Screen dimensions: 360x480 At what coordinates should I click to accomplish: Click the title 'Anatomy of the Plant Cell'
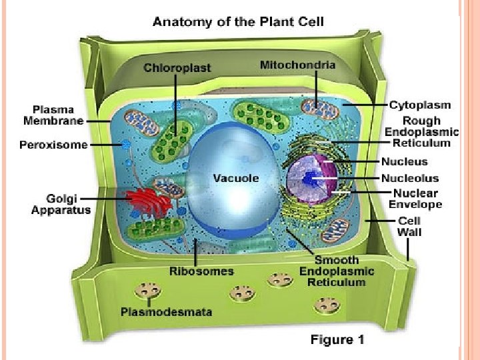(239, 21)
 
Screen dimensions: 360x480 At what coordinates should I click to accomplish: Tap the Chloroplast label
(177, 67)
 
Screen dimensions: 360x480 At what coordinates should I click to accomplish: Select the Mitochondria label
(297, 65)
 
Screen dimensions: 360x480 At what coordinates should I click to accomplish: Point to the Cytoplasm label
(420, 105)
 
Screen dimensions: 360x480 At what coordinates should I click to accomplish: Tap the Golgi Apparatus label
(60, 204)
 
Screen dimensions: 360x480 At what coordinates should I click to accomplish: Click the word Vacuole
(235, 178)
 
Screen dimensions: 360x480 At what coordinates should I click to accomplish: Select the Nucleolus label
(410, 178)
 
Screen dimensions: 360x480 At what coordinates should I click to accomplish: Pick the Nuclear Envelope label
(415, 198)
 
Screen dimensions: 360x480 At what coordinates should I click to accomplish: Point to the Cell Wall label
(409, 226)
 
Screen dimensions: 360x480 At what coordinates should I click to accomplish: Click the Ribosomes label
(201, 271)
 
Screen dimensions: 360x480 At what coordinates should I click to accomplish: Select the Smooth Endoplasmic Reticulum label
(337, 271)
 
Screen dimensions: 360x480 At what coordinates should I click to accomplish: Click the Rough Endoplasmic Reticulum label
(417, 131)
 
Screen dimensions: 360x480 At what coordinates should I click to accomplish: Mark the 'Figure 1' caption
(337, 340)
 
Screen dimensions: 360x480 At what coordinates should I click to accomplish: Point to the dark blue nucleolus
(311, 179)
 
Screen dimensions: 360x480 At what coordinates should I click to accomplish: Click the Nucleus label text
(404, 161)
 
